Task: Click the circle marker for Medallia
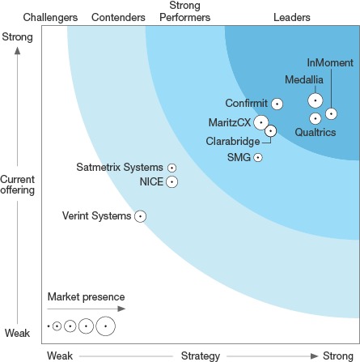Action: pos(316,100)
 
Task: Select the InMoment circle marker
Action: pos(331,113)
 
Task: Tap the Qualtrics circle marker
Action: pos(316,118)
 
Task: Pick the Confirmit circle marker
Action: pos(277,104)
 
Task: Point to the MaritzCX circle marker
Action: pos(260,122)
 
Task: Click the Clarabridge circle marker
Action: pos(271,131)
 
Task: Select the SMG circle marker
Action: pos(258,157)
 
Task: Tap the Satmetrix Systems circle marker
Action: pos(172,168)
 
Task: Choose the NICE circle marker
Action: pos(172,181)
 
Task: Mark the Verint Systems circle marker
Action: pos(140,216)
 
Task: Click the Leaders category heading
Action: pos(292,17)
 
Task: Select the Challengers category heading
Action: pos(50,18)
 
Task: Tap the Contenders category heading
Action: pos(118,17)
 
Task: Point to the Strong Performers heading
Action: pos(184,11)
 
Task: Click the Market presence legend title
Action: pos(86,297)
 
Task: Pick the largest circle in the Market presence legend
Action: pos(106,326)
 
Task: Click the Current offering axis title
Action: pos(18,185)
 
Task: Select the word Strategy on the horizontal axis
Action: pos(201,356)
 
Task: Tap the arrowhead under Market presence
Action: pos(122,309)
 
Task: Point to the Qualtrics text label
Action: pos(316,132)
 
